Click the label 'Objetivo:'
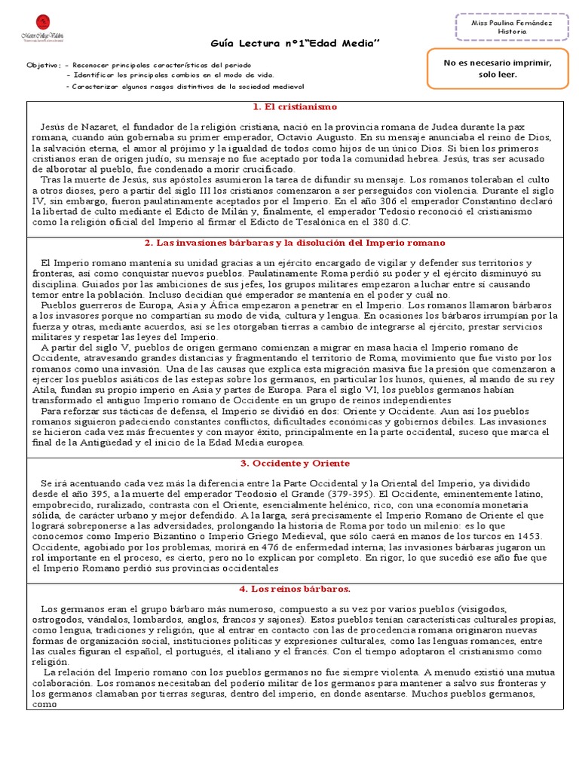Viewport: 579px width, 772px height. [x=42, y=66]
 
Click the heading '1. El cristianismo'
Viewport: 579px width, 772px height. [x=295, y=107]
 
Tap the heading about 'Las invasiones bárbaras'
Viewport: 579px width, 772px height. [x=295, y=243]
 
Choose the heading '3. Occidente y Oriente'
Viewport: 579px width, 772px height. [x=295, y=463]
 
